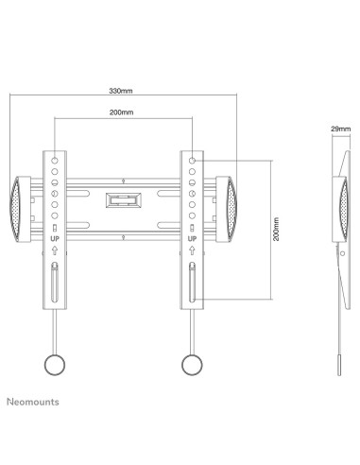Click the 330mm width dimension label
point(122,91)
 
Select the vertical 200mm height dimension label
point(276,230)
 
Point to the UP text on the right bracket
point(192,240)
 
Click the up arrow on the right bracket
point(192,252)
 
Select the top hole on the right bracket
point(192,163)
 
